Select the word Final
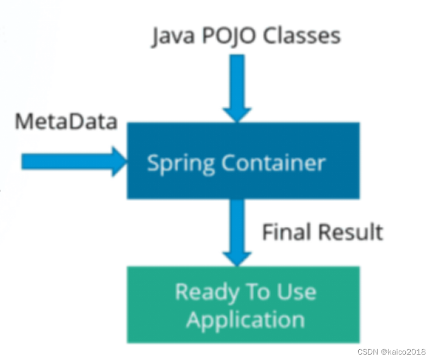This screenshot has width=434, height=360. [286, 232]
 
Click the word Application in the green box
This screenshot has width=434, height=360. [245, 319]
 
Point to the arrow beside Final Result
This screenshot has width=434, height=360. [237, 230]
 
